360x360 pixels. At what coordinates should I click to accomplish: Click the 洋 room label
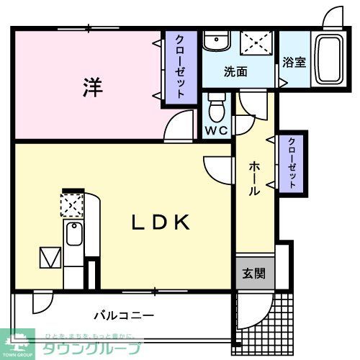[x=91, y=87]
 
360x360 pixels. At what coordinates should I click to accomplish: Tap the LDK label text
[x=161, y=222]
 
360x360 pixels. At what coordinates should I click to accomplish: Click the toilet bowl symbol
[x=216, y=109]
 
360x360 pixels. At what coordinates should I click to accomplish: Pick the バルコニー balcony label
[x=123, y=315]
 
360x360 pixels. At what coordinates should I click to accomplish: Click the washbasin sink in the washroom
[x=214, y=42]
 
